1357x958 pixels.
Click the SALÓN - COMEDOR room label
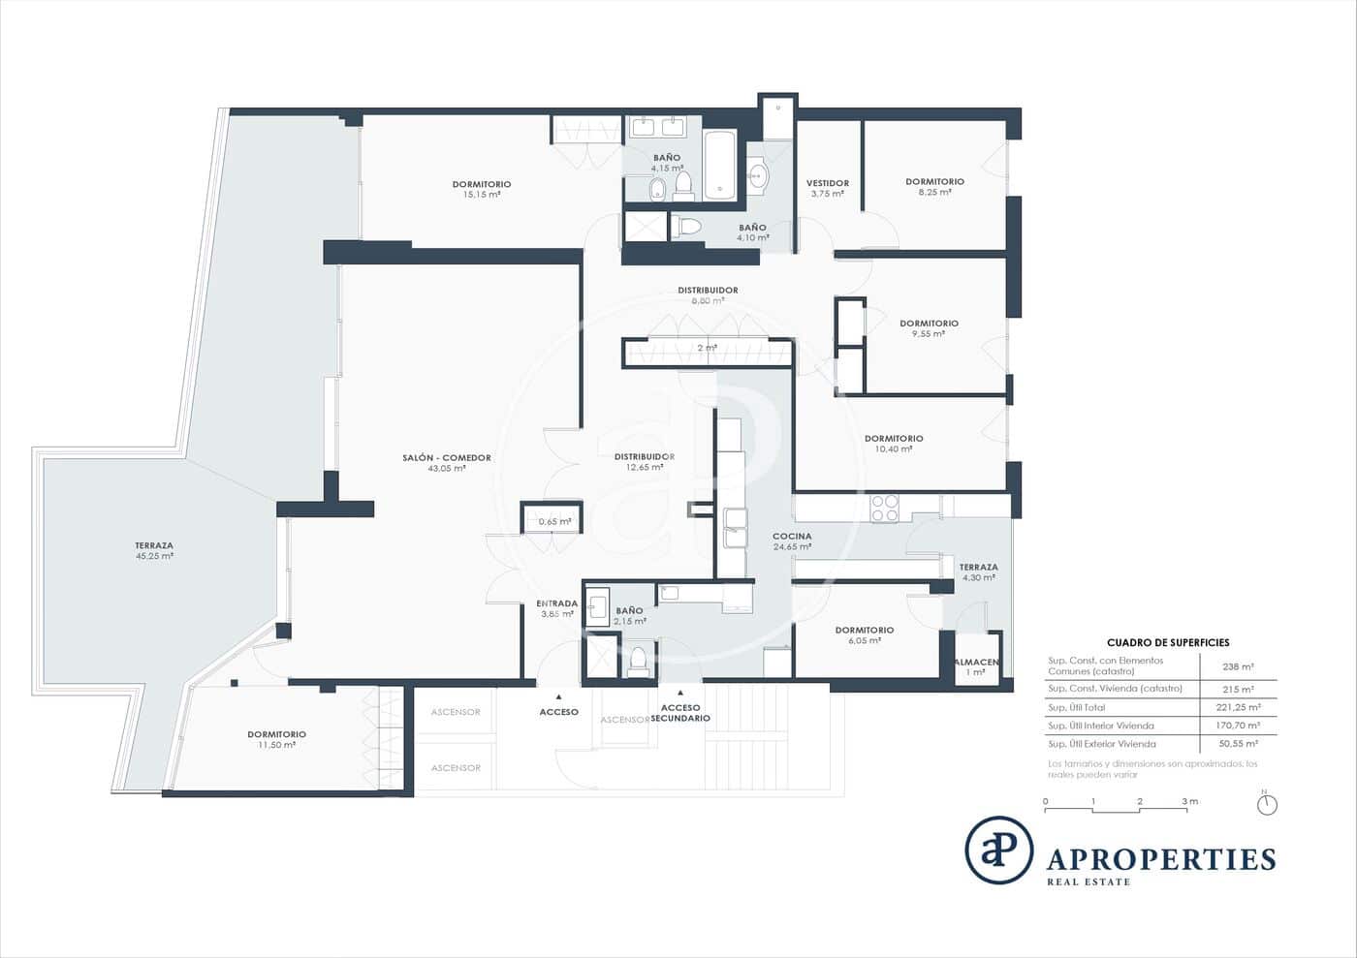pos(447,458)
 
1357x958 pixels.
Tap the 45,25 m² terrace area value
pos(155,557)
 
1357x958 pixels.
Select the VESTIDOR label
pos(827,183)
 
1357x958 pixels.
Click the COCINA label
pos(792,536)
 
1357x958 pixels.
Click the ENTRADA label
pos(556,603)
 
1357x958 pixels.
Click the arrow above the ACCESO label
pos(558,695)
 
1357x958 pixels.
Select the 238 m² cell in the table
pos(1238,666)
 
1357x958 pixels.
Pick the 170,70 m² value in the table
pos(1238,726)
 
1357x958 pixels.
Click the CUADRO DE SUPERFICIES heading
pos(1168,642)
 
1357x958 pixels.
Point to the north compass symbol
pos(1266,804)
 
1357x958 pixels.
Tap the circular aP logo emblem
pos(998,850)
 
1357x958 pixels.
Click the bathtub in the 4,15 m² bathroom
pos(719,165)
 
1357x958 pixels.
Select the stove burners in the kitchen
pos(884,509)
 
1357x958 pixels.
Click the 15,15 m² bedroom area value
pos(482,195)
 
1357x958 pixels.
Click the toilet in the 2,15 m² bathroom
pos(637,661)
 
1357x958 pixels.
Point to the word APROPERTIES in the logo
pos(1161,859)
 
